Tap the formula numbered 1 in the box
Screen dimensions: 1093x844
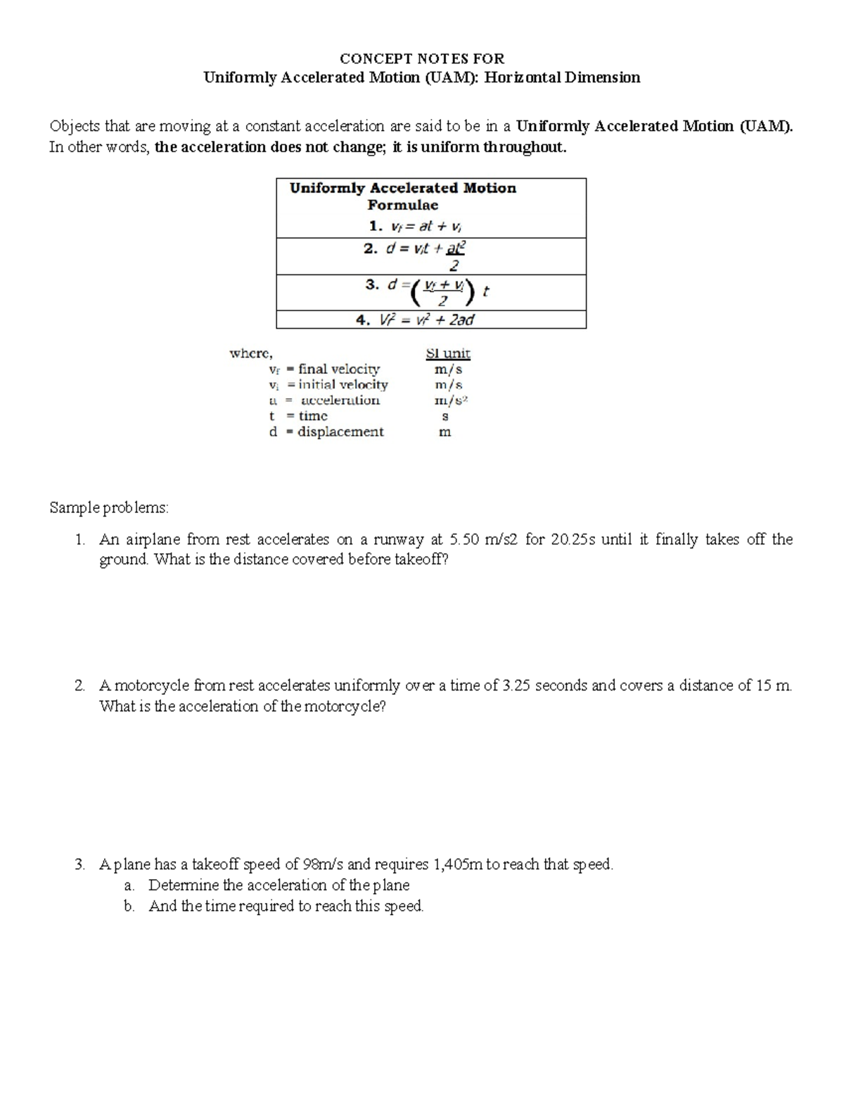point(415,227)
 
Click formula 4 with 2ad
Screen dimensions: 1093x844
point(415,320)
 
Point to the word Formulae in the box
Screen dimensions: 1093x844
point(402,206)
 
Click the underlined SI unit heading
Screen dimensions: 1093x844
point(448,353)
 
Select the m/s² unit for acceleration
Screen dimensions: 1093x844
point(451,400)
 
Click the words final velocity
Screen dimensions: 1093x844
point(339,369)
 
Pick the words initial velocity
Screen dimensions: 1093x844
point(343,385)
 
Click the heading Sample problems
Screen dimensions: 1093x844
point(109,507)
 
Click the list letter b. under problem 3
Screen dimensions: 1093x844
point(129,906)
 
